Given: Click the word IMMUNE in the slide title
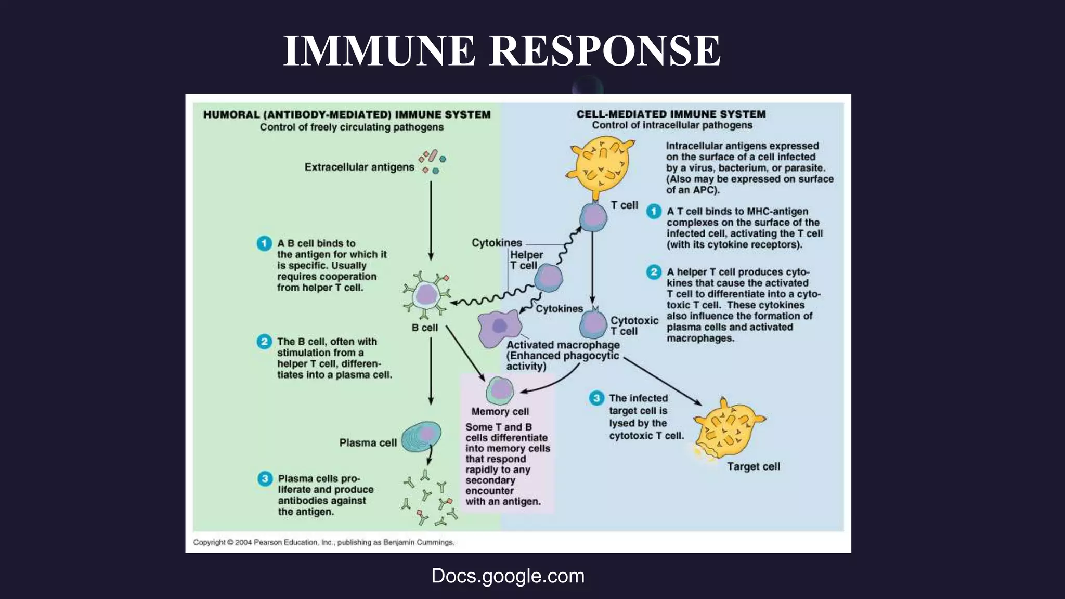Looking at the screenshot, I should point(379,50).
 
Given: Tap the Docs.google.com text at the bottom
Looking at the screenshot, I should point(508,576).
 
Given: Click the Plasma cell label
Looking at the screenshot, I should point(368,442).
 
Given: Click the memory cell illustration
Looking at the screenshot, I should point(500,390).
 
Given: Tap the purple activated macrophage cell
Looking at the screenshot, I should point(499,328).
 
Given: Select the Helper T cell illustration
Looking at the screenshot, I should point(549,278).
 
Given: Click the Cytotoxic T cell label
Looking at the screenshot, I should point(634,326).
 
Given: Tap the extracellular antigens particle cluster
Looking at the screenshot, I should point(432,162).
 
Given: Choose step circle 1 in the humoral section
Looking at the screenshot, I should point(264,243).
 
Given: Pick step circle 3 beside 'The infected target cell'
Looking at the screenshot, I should point(596,398).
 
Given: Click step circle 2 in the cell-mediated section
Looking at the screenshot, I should point(654,272).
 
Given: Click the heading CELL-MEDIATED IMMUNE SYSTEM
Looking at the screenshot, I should point(671,114).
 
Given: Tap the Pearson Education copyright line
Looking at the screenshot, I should point(323,542).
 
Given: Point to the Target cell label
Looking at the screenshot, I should point(753,466).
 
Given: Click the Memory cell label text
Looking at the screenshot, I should point(500,411).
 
